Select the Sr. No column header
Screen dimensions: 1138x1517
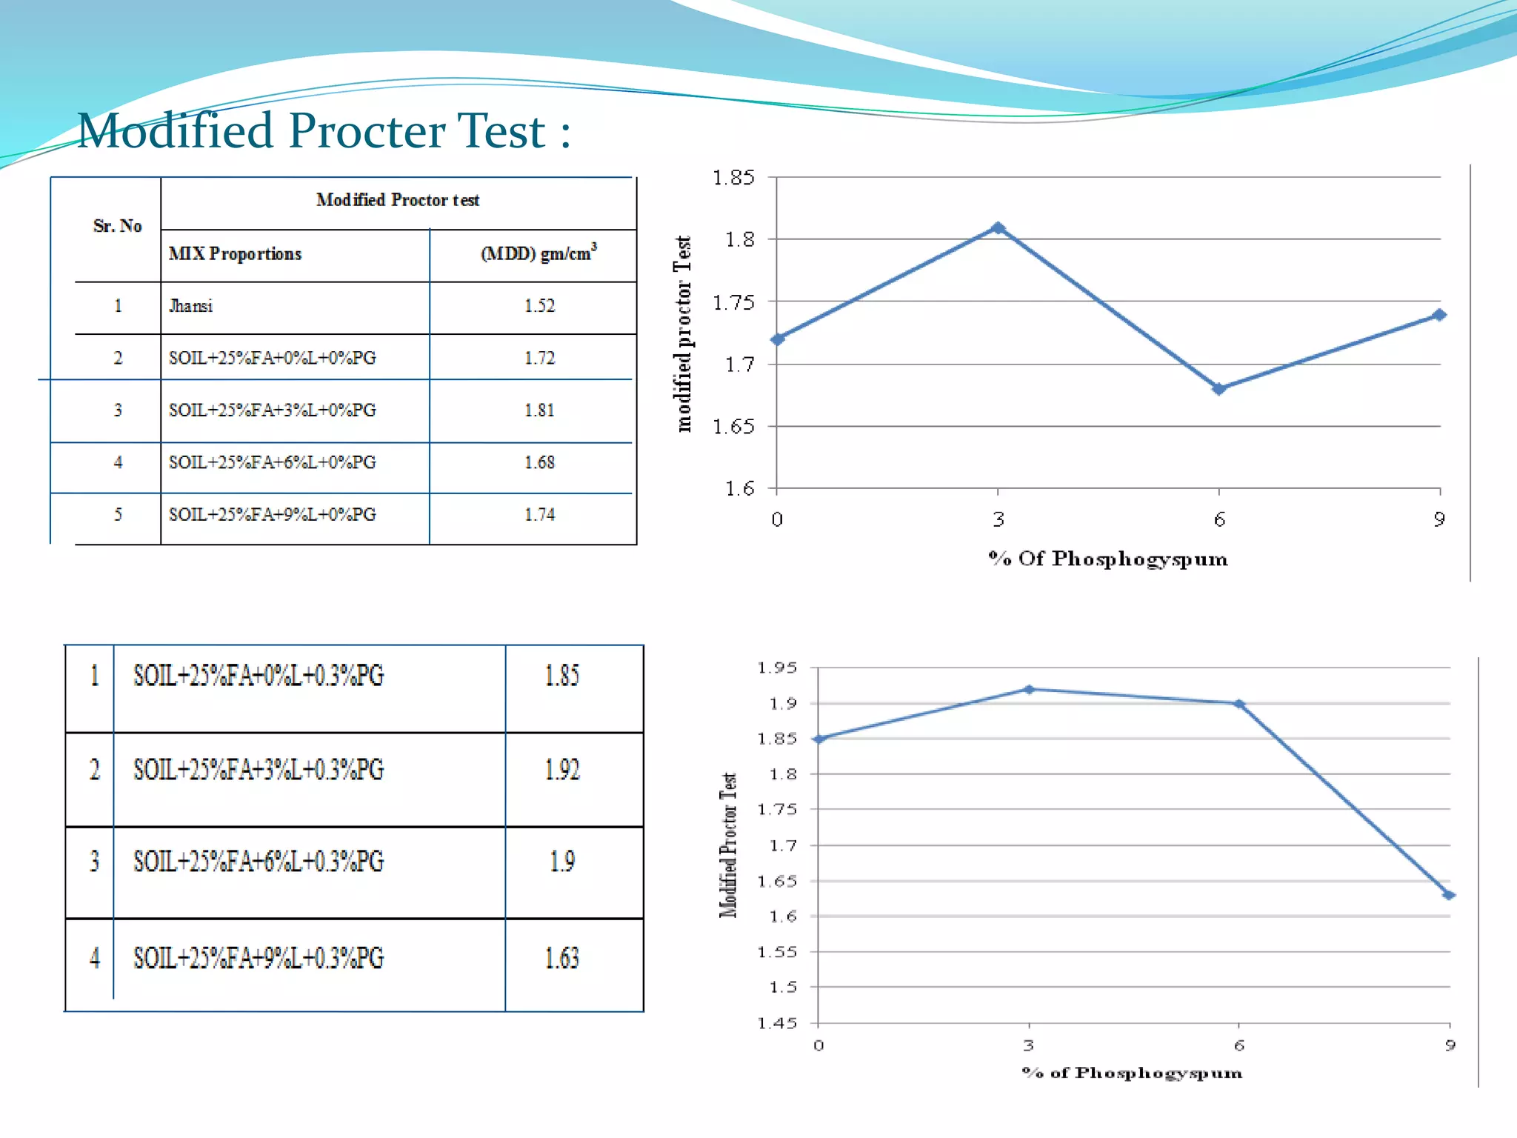117,226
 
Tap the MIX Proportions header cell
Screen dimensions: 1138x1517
236,254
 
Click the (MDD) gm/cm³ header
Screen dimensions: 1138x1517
539,253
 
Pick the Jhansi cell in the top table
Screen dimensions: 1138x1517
191,306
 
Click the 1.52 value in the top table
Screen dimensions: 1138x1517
539,306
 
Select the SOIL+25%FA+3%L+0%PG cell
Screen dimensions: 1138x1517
273,410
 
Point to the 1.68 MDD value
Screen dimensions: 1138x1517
539,462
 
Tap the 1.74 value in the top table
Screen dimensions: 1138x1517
539,515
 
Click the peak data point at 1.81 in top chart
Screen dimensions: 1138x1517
998,228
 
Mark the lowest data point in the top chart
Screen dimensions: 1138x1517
1219,389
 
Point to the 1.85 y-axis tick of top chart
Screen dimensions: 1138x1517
733,178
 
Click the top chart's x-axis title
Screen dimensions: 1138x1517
1108,559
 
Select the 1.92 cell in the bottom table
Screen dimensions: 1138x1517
562,771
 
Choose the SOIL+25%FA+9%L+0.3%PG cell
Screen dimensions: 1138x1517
259,959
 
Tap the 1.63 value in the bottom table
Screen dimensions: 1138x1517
562,959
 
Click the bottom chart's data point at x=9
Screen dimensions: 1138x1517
1449,895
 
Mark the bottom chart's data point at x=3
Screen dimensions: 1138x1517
1029,690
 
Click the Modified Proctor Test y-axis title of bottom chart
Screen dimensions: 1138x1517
729,845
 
